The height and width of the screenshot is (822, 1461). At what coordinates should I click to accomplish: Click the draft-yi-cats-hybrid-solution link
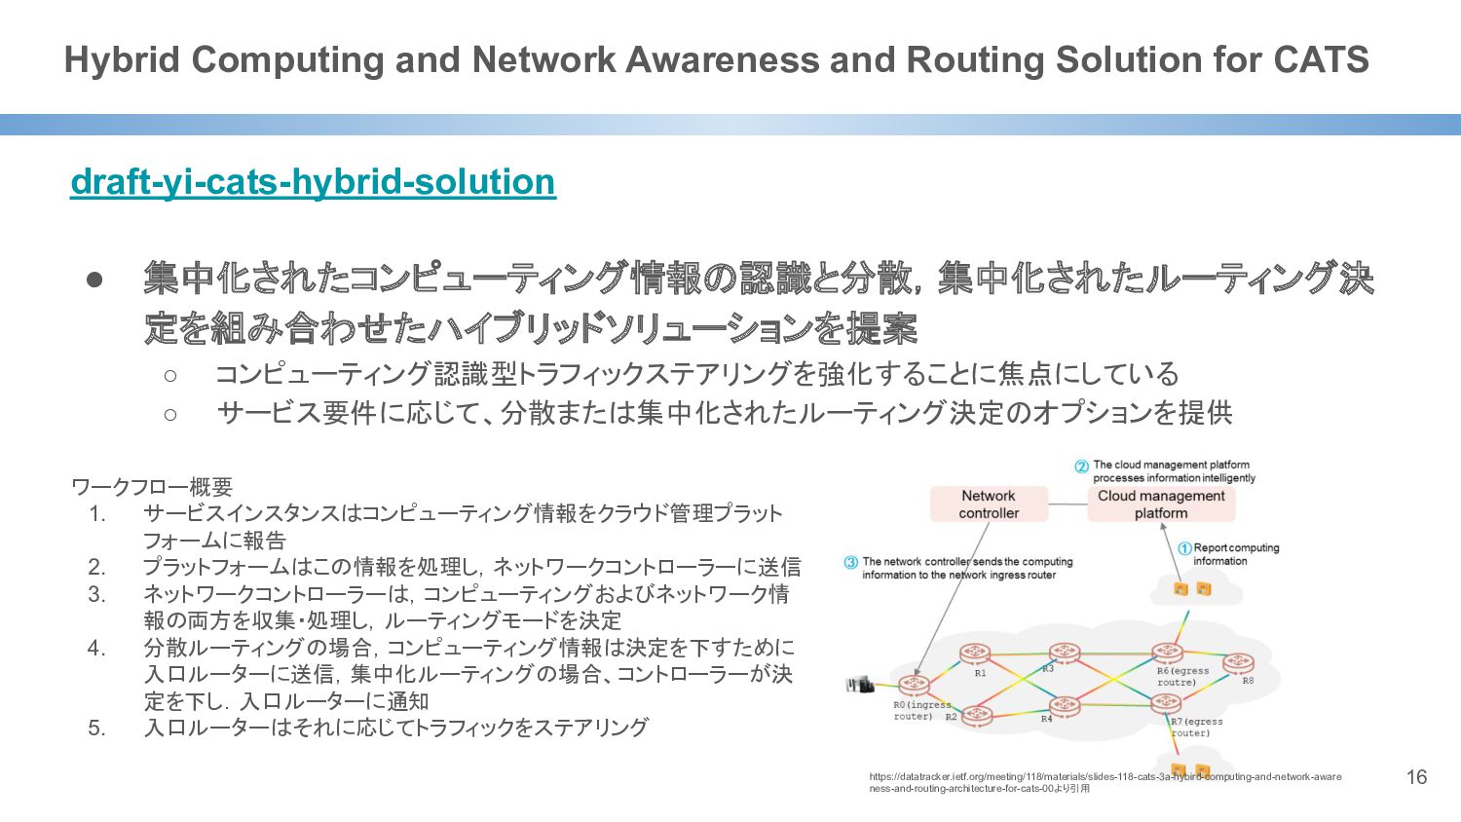[313, 182]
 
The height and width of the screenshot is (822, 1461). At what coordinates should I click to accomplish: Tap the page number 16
[1416, 777]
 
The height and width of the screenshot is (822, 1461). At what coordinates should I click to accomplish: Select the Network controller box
[988, 504]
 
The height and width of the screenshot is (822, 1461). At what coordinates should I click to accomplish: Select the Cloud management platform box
[1161, 504]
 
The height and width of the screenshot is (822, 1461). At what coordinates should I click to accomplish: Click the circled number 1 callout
[1184, 548]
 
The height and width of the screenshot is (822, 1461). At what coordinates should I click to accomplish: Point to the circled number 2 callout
[1081, 467]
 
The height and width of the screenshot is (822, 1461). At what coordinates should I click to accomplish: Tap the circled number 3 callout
[850, 562]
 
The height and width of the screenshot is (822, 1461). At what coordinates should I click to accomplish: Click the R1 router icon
[975, 654]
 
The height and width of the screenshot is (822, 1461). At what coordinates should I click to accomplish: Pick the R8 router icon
[1238, 664]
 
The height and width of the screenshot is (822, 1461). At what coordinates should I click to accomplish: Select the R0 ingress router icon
[913, 685]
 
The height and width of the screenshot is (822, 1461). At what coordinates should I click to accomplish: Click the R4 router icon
[1064, 705]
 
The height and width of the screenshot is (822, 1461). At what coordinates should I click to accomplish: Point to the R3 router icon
[1064, 653]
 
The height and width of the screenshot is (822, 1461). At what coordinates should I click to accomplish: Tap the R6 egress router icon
[1167, 653]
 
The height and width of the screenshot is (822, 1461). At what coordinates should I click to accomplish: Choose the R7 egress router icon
[1165, 703]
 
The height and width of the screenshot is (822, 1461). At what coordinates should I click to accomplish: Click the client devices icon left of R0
[859, 685]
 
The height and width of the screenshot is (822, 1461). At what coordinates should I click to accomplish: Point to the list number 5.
[96, 728]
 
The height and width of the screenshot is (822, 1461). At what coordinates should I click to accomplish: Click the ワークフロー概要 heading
[152, 487]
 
